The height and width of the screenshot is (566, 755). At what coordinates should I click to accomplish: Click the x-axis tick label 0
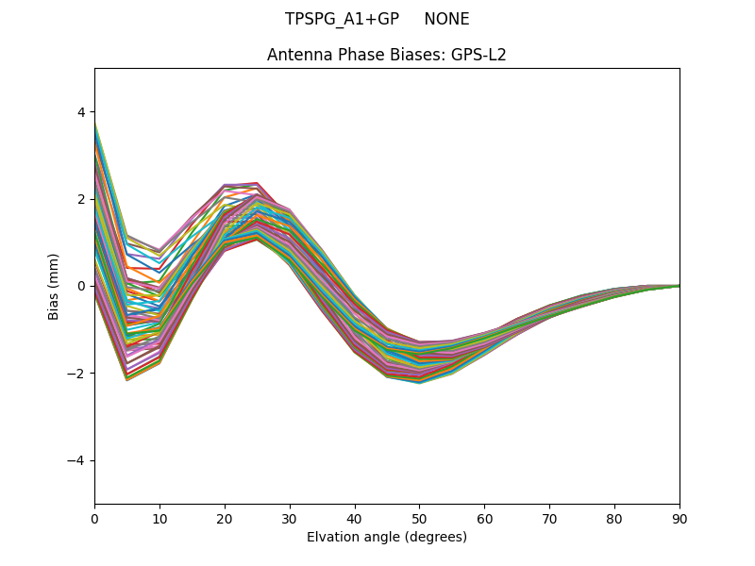94,518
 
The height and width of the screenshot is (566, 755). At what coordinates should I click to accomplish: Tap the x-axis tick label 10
159,518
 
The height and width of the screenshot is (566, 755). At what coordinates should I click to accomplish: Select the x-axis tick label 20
225,518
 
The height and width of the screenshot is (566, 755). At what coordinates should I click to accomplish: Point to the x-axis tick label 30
290,518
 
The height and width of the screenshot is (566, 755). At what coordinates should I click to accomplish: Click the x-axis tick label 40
355,518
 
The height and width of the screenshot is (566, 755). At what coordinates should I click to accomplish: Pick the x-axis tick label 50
419,518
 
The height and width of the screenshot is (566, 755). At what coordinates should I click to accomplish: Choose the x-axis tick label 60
484,518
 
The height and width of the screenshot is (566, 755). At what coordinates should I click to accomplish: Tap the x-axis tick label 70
549,518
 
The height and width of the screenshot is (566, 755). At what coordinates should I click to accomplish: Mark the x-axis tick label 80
614,518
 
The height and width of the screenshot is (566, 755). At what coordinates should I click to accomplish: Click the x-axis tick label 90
679,518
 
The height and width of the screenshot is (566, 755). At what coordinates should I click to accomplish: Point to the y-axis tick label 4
81,112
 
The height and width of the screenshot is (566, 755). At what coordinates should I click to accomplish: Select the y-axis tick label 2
81,199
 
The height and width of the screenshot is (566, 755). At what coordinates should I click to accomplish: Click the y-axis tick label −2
77,374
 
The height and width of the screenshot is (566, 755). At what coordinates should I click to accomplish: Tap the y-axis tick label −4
77,460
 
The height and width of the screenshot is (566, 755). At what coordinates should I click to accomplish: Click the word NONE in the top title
446,19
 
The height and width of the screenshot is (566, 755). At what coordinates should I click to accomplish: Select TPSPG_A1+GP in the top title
342,19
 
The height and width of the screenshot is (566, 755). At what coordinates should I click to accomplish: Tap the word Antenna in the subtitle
296,55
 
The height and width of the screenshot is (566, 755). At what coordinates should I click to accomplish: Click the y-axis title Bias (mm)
54,286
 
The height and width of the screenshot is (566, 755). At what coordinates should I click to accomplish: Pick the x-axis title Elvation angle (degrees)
387,537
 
